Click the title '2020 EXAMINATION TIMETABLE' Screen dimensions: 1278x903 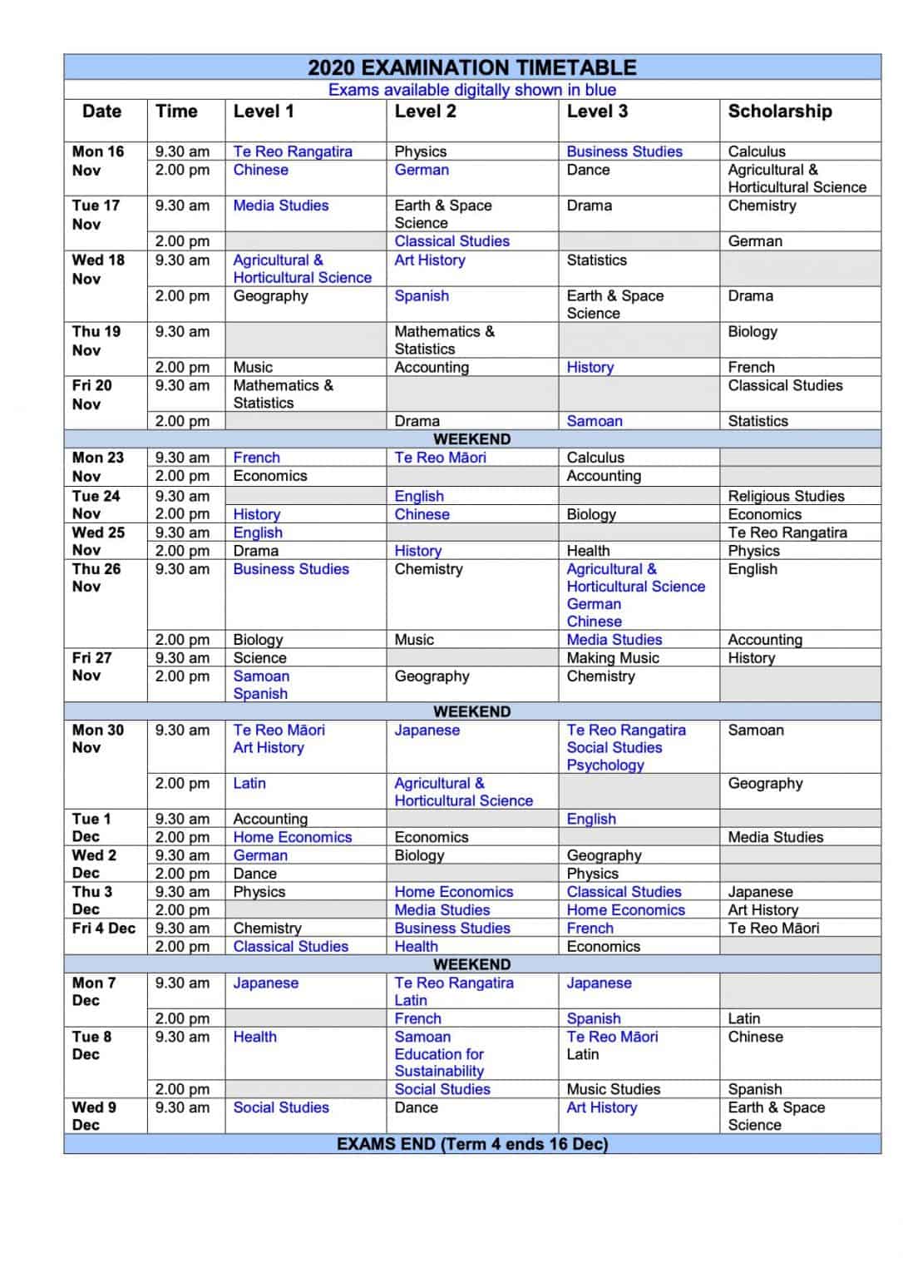[x=471, y=67]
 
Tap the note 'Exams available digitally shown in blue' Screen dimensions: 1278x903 [x=471, y=90]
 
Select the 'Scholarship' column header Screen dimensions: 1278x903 [x=779, y=111]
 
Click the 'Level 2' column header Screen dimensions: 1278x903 [x=426, y=111]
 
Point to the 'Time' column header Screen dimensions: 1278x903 [x=176, y=111]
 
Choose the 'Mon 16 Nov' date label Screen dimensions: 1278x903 [x=98, y=161]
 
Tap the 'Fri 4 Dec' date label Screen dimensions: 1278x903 [x=104, y=928]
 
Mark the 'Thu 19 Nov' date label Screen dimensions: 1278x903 [x=96, y=340]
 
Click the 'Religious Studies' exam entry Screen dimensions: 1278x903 [x=786, y=496]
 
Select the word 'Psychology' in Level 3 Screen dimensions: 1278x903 [x=604, y=765]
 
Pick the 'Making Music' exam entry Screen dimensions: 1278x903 [x=612, y=657]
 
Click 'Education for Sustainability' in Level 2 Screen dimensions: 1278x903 [x=439, y=1063]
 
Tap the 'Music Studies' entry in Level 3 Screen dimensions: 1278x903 [x=613, y=1089]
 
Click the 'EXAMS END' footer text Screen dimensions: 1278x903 [x=471, y=1144]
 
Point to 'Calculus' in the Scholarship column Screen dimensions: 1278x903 [x=756, y=151]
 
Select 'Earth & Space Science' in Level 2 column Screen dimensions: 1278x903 [x=442, y=214]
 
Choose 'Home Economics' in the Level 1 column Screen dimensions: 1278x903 [x=292, y=837]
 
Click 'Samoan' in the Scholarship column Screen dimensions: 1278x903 [x=755, y=730]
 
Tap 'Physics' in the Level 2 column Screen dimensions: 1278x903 [x=420, y=151]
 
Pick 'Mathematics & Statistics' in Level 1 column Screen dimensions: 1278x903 [x=283, y=394]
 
